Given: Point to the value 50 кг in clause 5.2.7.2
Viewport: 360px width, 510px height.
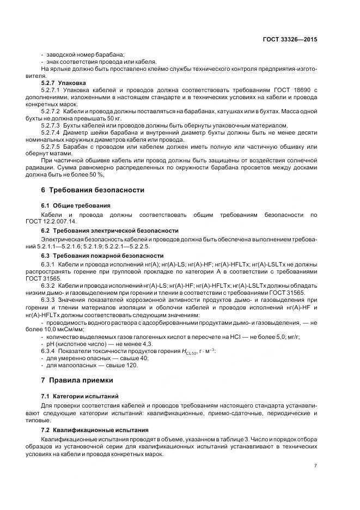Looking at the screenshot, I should (x=113, y=117).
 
